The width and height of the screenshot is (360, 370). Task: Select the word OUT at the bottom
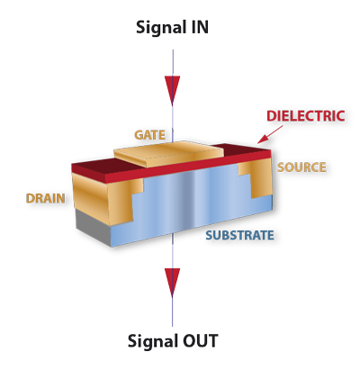(201, 342)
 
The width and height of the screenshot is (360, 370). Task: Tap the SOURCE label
(301, 168)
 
